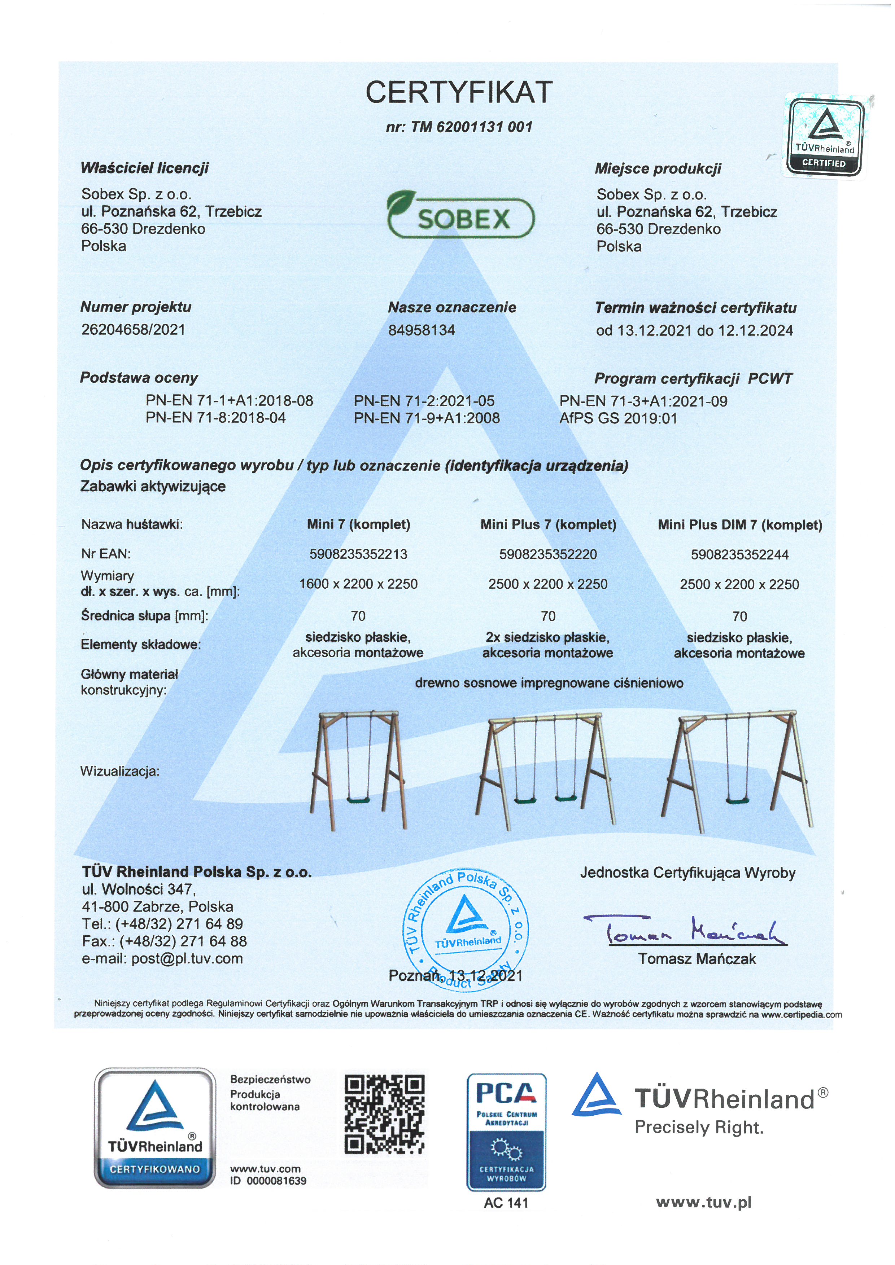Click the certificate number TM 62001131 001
(x=459, y=127)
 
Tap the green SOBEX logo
(x=460, y=216)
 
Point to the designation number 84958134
(x=422, y=330)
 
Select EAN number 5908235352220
(x=548, y=554)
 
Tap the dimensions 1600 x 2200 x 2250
(x=358, y=584)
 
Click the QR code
(x=384, y=1114)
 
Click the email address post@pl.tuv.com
(x=162, y=959)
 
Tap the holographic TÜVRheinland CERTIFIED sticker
(x=825, y=137)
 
